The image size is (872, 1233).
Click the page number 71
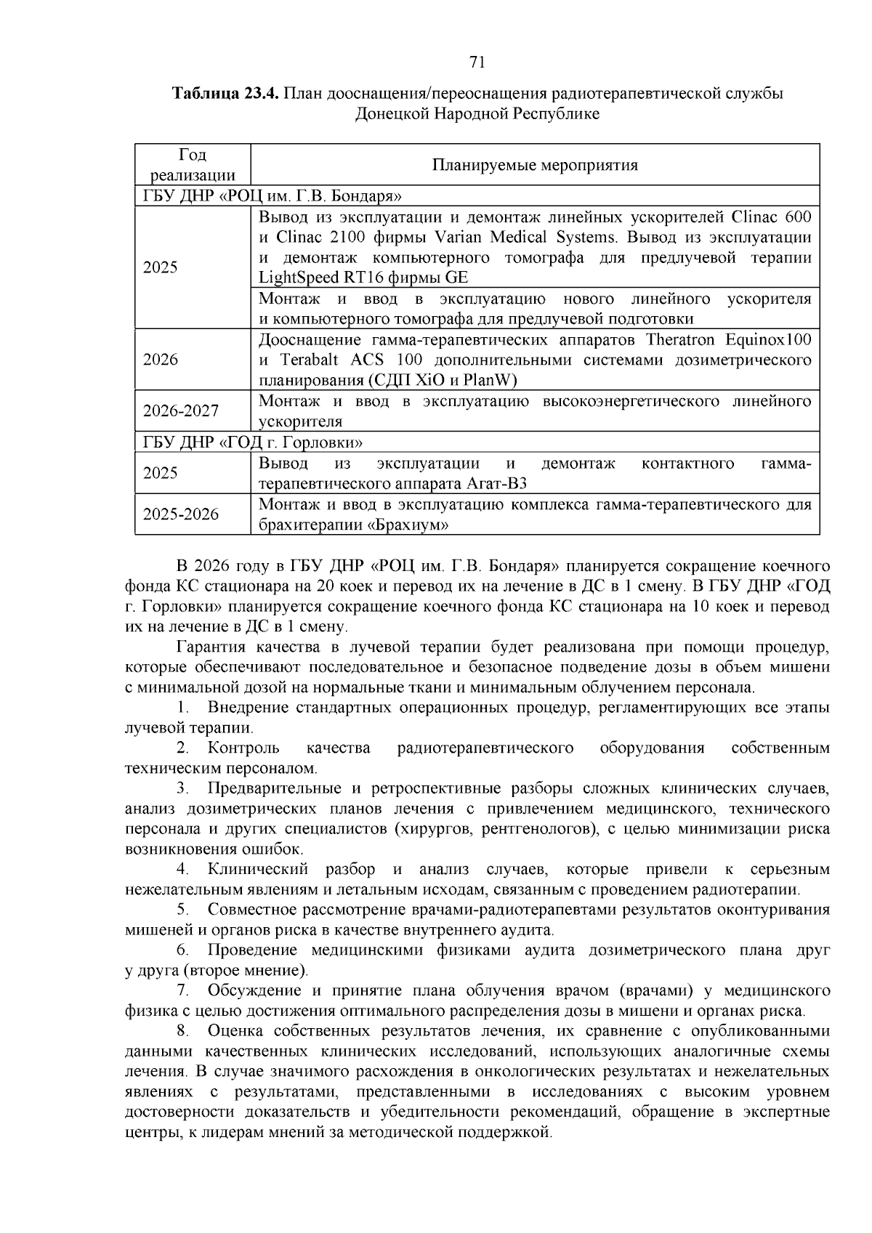[x=477, y=62]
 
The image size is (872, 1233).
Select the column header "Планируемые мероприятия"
[x=535, y=165]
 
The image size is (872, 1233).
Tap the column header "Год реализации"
[x=193, y=165]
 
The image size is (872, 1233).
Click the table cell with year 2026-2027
[x=181, y=411]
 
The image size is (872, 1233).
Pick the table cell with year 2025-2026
[x=181, y=514]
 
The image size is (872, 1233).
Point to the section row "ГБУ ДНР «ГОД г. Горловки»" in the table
[x=253, y=442]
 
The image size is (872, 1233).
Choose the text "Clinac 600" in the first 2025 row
[x=772, y=217]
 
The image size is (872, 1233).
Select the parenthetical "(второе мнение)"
[x=246, y=971]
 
